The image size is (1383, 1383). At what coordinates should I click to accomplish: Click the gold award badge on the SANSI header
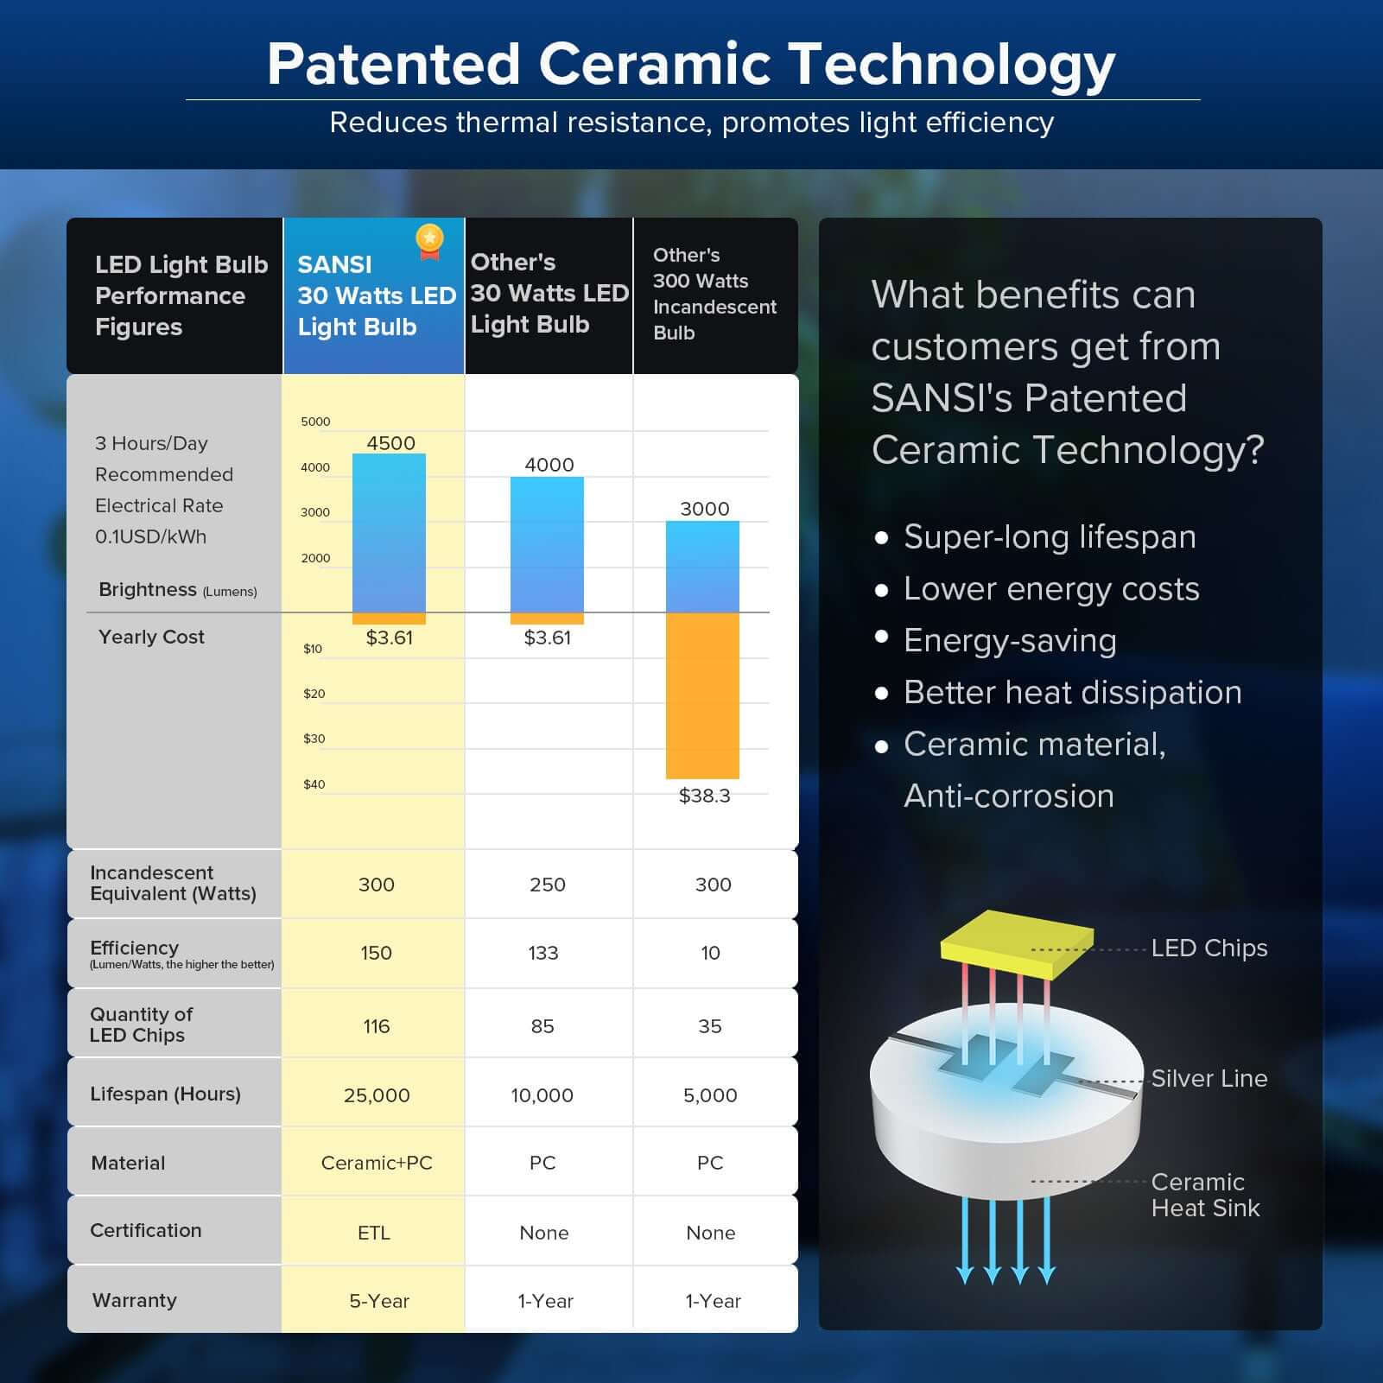coord(429,240)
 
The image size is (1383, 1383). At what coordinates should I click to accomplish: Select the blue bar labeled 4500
coord(389,531)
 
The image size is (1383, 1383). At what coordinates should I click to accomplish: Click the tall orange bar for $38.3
coord(702,695)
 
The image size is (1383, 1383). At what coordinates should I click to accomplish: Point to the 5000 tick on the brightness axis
coord(315,422)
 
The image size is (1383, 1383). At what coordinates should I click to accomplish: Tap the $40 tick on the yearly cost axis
coord(314,784)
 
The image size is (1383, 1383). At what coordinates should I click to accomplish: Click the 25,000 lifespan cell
coord(377,1095)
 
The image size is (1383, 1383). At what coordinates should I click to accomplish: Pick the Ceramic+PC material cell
coord(377,1163)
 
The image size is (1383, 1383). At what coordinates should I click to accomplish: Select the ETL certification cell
coord(374,1233)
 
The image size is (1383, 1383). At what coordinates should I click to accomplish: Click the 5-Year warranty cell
coord(378,1301)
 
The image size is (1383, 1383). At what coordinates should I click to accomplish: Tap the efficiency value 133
coord(543,953)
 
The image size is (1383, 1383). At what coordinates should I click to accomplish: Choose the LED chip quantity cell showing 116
coord(377,1026)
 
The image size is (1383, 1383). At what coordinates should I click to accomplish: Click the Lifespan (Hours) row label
coord(165,1094)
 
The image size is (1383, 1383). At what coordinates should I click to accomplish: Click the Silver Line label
coord(1209,1078)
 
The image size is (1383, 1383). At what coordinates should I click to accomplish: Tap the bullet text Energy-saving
coord(1010,641)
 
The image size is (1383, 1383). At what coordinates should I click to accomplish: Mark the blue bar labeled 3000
coord(702,566)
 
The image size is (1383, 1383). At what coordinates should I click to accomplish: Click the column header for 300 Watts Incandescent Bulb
coord(714,294)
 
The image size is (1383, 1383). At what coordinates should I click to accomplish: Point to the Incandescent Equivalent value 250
coord(548,885)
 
